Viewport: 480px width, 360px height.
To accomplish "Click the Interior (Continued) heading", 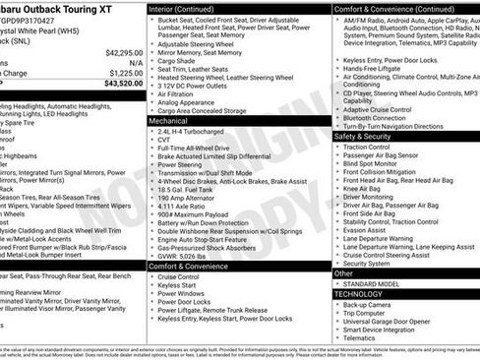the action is tap(190, 9).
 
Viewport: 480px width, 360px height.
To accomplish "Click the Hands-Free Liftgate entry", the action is tap(379, 68).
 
